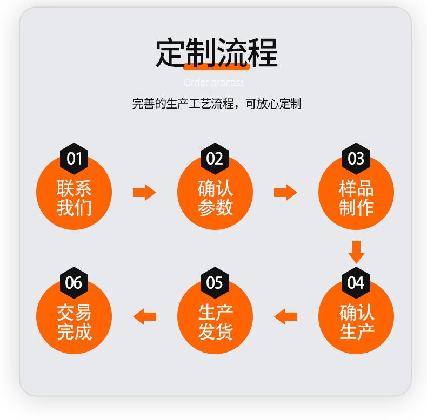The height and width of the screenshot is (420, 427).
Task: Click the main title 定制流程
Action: coord(217,52)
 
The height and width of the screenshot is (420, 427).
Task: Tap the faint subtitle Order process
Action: coord(214,83)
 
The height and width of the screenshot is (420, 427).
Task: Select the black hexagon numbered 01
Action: coord(74,159)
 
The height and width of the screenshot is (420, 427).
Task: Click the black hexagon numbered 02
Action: coord(215,159)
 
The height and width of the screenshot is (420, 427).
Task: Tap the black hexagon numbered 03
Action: coord(356,159)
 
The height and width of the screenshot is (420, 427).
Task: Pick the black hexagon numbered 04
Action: coord(356,283)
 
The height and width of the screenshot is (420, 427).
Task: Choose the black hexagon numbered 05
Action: coord(215,283)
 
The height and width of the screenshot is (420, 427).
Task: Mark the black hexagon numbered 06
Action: coord(74,283)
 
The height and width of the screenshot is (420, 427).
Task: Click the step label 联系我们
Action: coord(74,198)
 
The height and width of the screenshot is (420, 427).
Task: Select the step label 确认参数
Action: coord(215,198)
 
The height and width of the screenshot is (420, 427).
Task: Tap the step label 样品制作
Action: coord(356,198)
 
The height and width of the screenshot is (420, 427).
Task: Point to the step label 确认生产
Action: coord(357,322)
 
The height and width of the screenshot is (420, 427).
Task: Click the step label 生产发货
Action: coord(216,322)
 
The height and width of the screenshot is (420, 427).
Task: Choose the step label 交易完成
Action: coord(74,322)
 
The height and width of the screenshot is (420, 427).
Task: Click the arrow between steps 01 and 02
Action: coord(144,192)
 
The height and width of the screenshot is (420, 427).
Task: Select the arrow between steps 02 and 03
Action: coord(285,192)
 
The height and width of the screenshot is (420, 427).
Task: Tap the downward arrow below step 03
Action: coord(357,252)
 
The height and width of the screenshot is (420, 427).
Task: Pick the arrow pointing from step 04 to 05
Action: coord(285,317)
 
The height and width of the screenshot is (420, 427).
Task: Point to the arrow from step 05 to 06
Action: coord(144,317)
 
